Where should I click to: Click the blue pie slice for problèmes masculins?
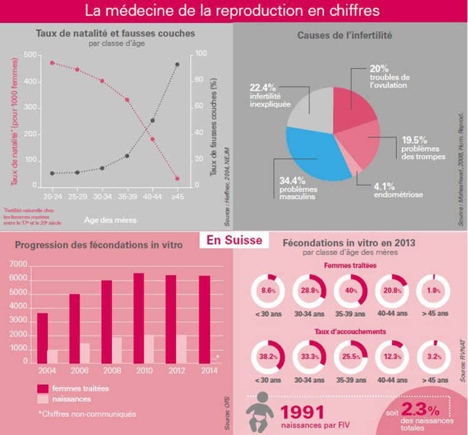point(312,156)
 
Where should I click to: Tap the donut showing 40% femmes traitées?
point(351,291)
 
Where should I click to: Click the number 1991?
point(302,411)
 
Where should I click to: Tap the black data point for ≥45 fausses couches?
point(177,64)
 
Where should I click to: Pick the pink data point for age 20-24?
point(52,62)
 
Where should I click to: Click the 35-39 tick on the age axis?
point(127,196)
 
